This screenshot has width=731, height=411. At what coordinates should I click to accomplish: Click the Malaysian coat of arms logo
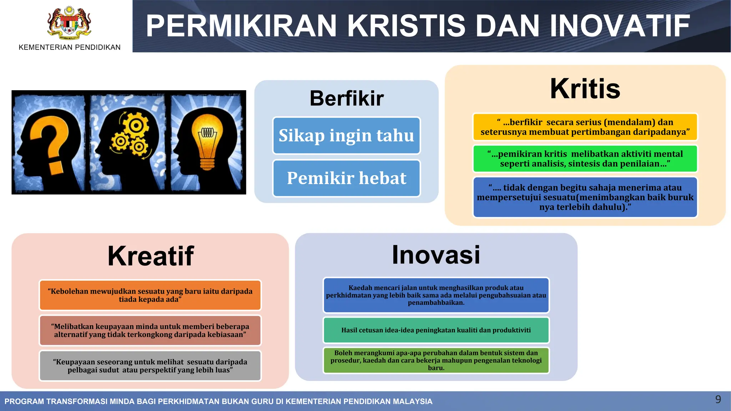pos(69,23)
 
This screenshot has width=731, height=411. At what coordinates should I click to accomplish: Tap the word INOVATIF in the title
pos(620,26)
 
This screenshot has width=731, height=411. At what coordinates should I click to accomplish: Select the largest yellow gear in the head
pos(136,126)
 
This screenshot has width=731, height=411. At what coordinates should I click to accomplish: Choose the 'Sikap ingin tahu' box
pos(346,136)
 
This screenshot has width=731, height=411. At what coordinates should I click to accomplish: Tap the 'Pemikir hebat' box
pos(346,178)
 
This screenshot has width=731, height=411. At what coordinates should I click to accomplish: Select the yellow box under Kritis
pos(585,127)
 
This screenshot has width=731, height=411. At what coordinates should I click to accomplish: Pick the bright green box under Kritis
pos(585,159)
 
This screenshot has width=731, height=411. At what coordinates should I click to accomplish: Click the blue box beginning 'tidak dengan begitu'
pos(585,197)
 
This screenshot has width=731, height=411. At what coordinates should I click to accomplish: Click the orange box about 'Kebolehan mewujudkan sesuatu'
pos(150,295)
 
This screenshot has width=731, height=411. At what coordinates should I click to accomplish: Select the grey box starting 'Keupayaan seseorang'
pos(150,366)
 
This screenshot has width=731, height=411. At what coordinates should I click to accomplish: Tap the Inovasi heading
pos(436,255)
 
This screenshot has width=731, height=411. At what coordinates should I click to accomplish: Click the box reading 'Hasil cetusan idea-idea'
pos(436,330)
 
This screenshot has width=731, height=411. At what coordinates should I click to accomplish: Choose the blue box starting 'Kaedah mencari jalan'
pos(436,295)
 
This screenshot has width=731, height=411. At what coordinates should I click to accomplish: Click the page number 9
pos(718,399)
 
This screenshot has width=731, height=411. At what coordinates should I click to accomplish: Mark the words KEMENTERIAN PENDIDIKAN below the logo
pos(70,47)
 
